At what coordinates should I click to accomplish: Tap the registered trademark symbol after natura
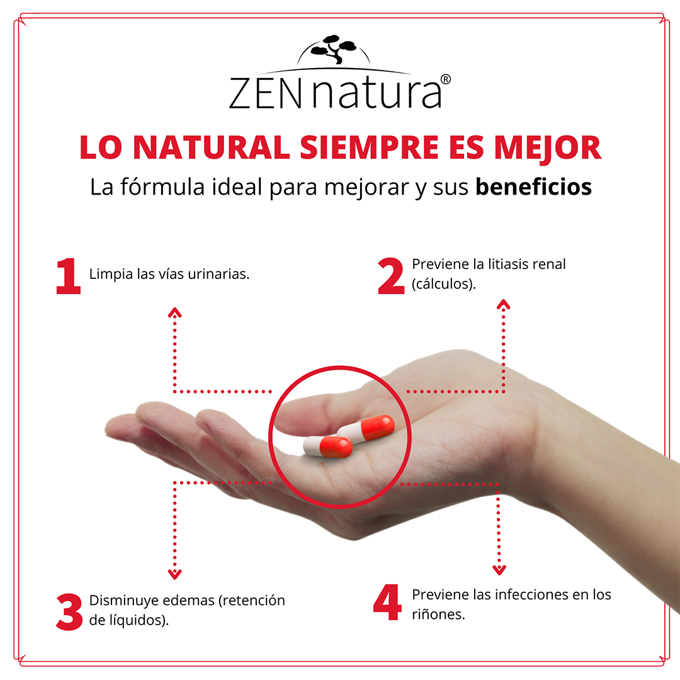[446, 80]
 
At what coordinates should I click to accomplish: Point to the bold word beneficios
[533, 187]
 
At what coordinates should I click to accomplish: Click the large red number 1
[68, 276]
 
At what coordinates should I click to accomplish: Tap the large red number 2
[390, 276]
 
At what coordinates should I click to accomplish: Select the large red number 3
[69, 611]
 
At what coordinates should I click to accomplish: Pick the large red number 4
[387, 603]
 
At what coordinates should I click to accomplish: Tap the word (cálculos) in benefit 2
[443, 284]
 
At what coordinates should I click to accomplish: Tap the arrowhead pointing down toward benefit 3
[175, 574]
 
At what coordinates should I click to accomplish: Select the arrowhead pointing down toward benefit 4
[499, 570]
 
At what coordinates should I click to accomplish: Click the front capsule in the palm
[328, 446]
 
